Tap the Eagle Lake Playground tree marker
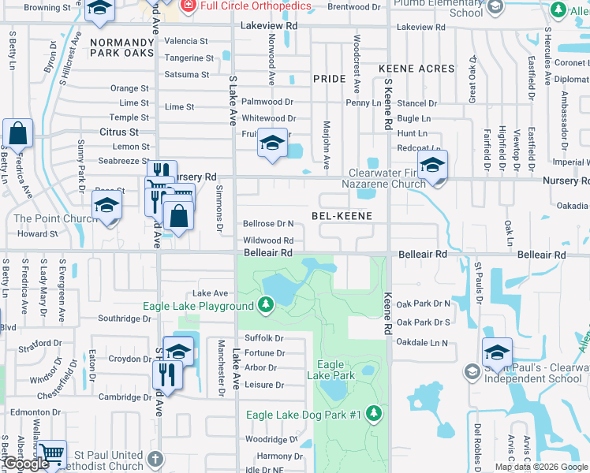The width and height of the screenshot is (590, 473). click(x=267, y=305)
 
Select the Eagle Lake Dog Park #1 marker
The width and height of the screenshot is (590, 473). click(x=374, y=414)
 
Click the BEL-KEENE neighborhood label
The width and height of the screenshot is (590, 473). click(x=342, y=215)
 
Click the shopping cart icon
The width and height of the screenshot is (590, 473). click(x=51, y=454)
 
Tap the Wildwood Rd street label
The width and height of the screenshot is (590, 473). click(x=268, y=240)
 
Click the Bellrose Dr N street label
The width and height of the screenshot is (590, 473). click(x=268, y=224)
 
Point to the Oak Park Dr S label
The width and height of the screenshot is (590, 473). click(x=423, y=322)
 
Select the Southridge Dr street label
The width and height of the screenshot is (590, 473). click(x=124, y=319)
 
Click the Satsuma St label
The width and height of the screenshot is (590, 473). click(x=187, y=75)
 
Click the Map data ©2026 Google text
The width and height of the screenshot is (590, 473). click(x=541, y=467)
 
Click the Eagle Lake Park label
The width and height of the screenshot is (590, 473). click(x=330, y=371)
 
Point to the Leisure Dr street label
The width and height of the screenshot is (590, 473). click(x=264, y=385)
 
